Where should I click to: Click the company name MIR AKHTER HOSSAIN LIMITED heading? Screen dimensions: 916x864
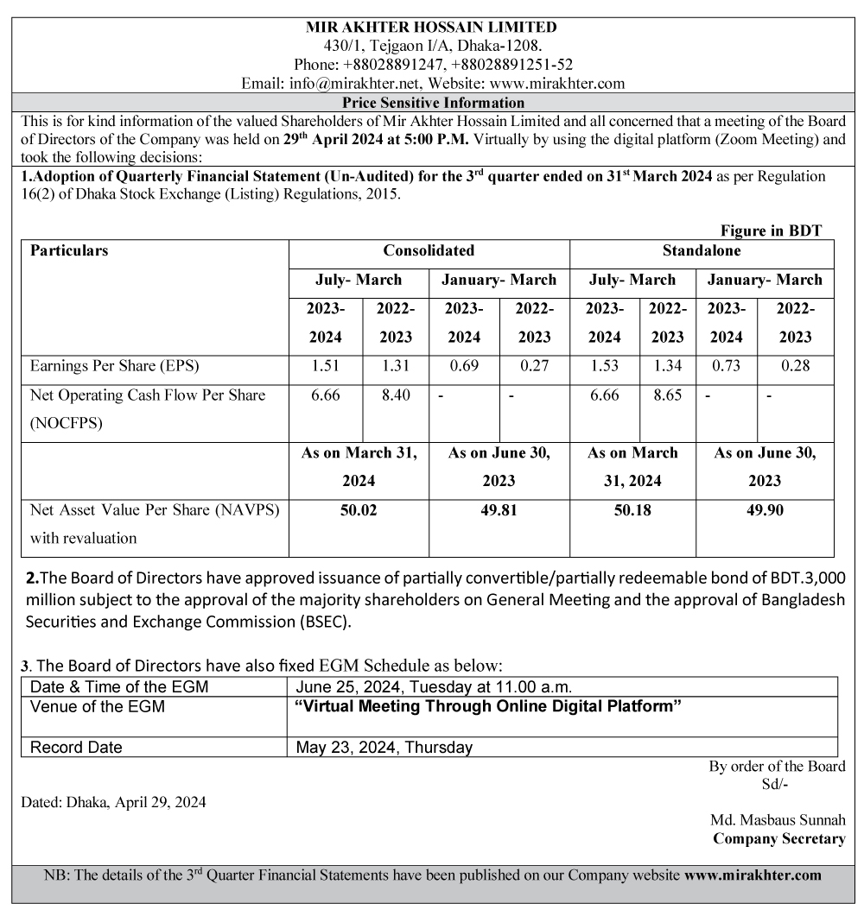click(x=431, y=27)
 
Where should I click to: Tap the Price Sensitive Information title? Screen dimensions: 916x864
click(x=433, y=103)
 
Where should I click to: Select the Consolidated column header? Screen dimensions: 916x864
click(x=429, y=250)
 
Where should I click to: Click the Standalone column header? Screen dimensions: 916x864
click(x=701, y=250)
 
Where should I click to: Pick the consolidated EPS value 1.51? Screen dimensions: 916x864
click(x=325, y=366)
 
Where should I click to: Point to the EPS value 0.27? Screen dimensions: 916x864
click(x=535, y=366)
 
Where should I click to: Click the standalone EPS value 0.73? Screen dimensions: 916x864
click(x=726, y=366)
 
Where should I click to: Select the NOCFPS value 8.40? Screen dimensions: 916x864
click(x=395, y=395)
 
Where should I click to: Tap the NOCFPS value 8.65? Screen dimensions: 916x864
click(x=667, y=395)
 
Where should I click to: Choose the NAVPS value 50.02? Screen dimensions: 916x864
click(x=359, y=510)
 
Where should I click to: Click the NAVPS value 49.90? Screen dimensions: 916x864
click(x=765, y=510)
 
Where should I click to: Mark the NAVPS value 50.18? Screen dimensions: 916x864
click(x=632, y=510)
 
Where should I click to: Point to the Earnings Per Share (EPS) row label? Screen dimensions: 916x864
click(x=115, y=366)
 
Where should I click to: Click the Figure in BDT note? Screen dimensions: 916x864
click(x=771, y=231)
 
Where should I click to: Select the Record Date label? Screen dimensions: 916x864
click(x=76, y=748)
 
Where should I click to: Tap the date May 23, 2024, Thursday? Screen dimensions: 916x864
click(x=384, y=748)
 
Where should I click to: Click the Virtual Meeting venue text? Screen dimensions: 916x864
click(x=488, y=707)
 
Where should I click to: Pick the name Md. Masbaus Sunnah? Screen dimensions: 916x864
click(x=778, y=820)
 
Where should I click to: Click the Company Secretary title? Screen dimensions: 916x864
click(x=778, y=838)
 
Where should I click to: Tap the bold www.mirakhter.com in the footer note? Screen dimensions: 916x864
click(x=753, y=875)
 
